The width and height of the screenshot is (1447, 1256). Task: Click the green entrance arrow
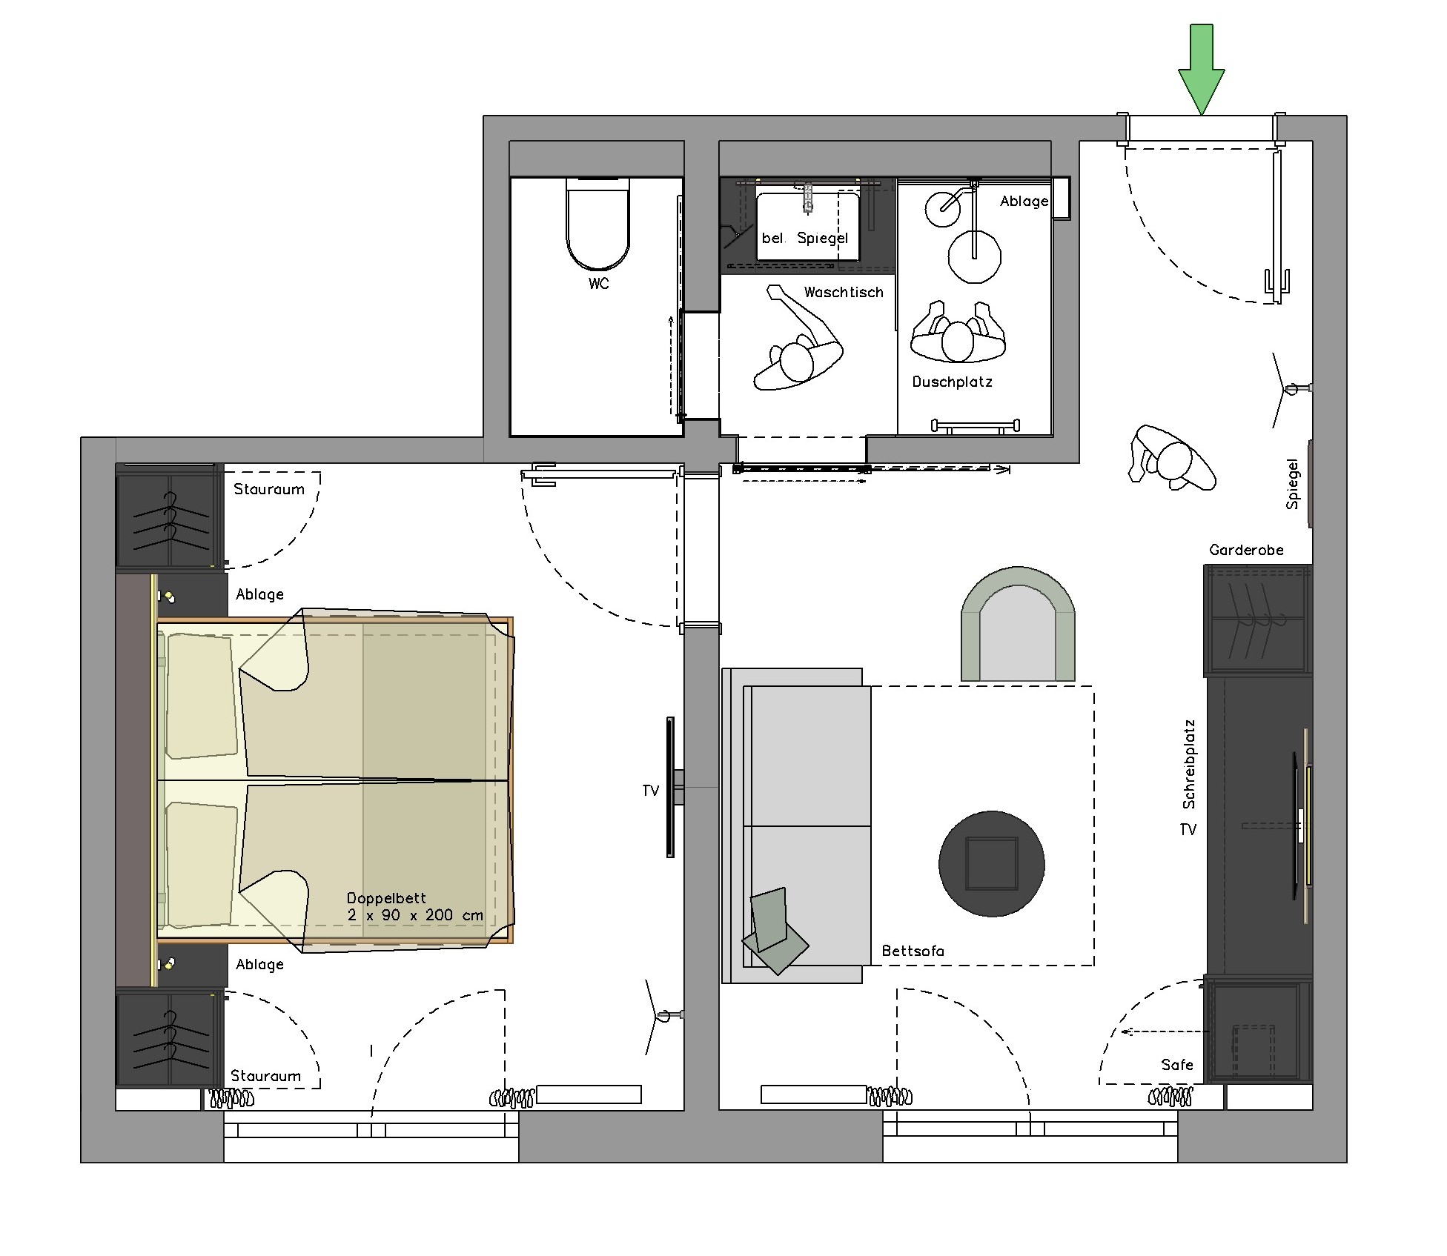(1201, 68)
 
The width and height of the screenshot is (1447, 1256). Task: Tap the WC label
(599, 284)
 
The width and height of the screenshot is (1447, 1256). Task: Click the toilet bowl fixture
(598, 224)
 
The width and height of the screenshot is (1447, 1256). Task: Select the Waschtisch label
(844, 293)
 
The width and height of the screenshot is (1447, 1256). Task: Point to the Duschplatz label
(952, 382)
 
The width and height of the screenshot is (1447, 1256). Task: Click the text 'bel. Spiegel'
(804, 238)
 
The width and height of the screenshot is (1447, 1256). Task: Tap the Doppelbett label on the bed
(386, 898)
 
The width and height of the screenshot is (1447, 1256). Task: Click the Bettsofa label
(913, 951)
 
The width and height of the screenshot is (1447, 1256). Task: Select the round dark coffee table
(992, 864)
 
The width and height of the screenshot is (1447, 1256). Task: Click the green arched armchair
(1018, 624)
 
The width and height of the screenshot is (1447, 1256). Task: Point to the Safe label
(1177, 1065)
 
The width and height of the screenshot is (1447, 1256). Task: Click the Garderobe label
(1246, 550)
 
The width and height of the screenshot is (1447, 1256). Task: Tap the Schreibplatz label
(1189, 764)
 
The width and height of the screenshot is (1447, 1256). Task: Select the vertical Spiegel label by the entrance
(1293, 484)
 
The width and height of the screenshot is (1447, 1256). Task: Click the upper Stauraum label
(269, 489)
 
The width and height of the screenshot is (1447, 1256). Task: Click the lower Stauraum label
(265, 1076)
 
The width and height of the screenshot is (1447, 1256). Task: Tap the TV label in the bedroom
(650, 791)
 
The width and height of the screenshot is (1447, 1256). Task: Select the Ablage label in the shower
(1024, 202)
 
